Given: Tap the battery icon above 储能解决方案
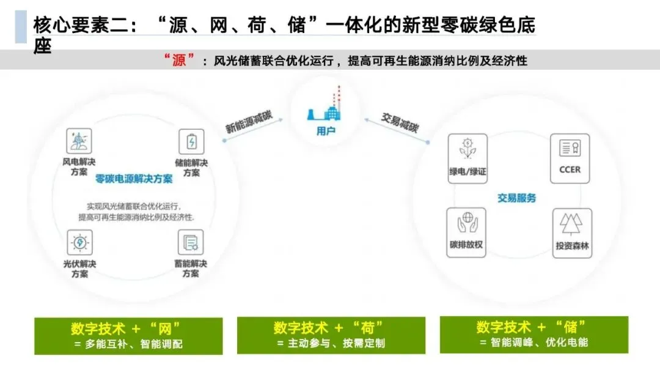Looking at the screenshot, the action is click(x=191, y=142).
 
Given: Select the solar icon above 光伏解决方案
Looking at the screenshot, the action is click(x=79, y=243).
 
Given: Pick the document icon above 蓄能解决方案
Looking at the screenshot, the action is click(x=191, y=242).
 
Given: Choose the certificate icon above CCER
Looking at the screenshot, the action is click(x=570, y=149).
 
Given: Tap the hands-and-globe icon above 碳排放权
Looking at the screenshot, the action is click(x=466, y=223).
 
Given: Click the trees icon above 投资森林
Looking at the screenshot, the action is click(x=572, y=225).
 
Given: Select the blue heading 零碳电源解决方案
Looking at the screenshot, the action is click(x=134, y=179).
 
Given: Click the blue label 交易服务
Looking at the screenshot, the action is click(x=516, y=198).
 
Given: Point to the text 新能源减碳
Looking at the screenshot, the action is click(x=249, y=120).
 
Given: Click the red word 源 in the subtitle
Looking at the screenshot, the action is click(x=178, y=61).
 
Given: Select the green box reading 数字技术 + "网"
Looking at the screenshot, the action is click(x=128, y=336).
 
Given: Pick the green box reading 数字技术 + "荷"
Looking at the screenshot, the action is click(x=331, y=335).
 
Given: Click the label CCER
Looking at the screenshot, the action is click(x=570, y=169).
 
